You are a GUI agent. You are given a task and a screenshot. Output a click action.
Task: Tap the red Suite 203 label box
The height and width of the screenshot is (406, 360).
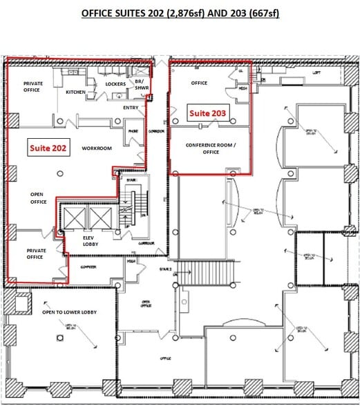click(207, 113)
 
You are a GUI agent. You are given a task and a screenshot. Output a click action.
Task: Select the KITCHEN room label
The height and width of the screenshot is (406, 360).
click(75, 92)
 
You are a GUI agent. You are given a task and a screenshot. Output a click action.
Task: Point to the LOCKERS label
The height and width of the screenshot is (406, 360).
click(115, 84)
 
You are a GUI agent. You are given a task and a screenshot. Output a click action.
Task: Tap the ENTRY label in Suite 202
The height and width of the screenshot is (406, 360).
click(131, 108)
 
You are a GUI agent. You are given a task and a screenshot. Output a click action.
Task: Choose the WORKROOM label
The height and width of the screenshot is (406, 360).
click(96, 148)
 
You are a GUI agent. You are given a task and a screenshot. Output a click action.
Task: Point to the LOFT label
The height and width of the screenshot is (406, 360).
click(317, 72)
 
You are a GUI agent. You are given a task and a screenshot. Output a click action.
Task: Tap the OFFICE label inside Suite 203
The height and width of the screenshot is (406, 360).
click(199, 84)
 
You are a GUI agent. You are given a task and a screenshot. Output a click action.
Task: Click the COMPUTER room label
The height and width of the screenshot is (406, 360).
click(88, 266)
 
